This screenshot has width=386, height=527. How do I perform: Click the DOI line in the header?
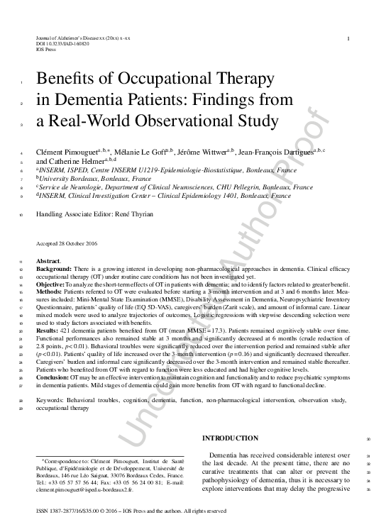(x=62, y=44)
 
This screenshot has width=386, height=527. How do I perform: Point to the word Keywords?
(x=52, y=402)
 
